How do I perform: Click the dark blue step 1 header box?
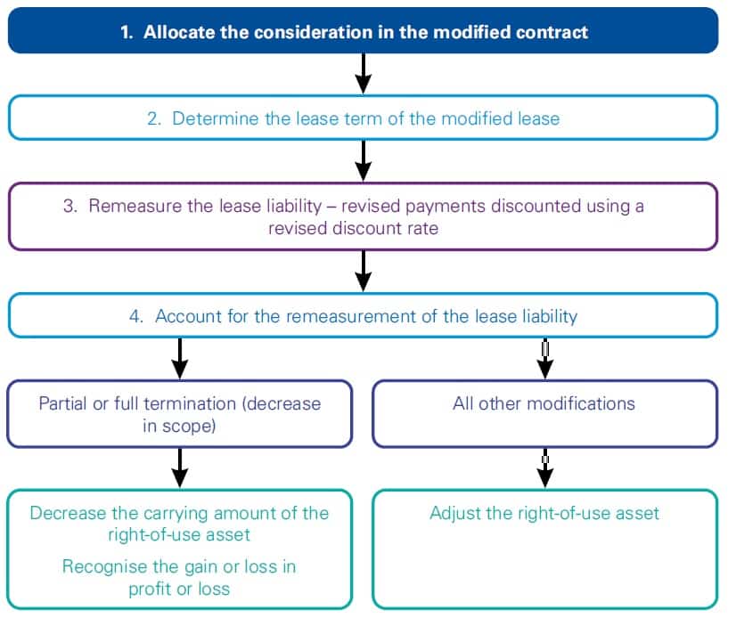363,31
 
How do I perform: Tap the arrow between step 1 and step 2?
363,74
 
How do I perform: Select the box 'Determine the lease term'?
363,118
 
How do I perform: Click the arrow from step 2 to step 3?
363,160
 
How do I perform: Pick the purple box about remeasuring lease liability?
363,215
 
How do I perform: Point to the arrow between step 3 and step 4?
363,270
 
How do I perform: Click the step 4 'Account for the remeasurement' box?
363,315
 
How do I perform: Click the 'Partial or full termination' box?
180,413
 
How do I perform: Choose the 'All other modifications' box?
544,413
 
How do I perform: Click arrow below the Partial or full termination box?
180,467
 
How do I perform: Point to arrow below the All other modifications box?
545,467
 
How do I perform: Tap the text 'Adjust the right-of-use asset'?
544,513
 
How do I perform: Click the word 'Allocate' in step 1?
176,32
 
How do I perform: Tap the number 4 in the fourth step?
135,316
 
